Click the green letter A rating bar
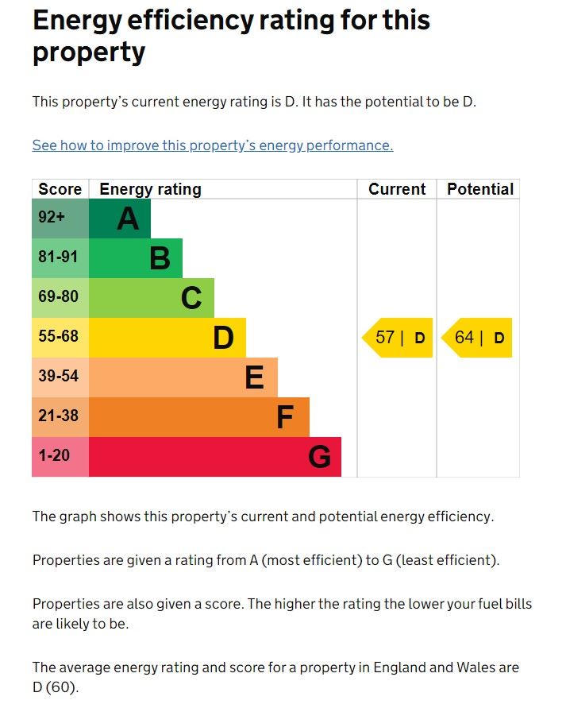(x=120, y=219)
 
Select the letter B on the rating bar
(x=160, y=258)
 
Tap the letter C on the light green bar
(x=191, y=298)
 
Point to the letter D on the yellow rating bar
(x=223, y=338)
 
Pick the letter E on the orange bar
(x=254, y=377)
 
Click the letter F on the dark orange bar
(x=285, y=417)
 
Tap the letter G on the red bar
(x=319, y=457)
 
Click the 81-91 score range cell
(x=60, y=258)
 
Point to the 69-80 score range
(x=60, y=298)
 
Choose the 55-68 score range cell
(x=60, y=338)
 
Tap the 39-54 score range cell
(x=60, y=377)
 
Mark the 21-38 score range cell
(x=60, y=417)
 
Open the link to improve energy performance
(x=213, y=145)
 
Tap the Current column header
(x=397, y=189)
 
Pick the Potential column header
(x=480, y=189)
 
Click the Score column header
(x=60, y=189)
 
